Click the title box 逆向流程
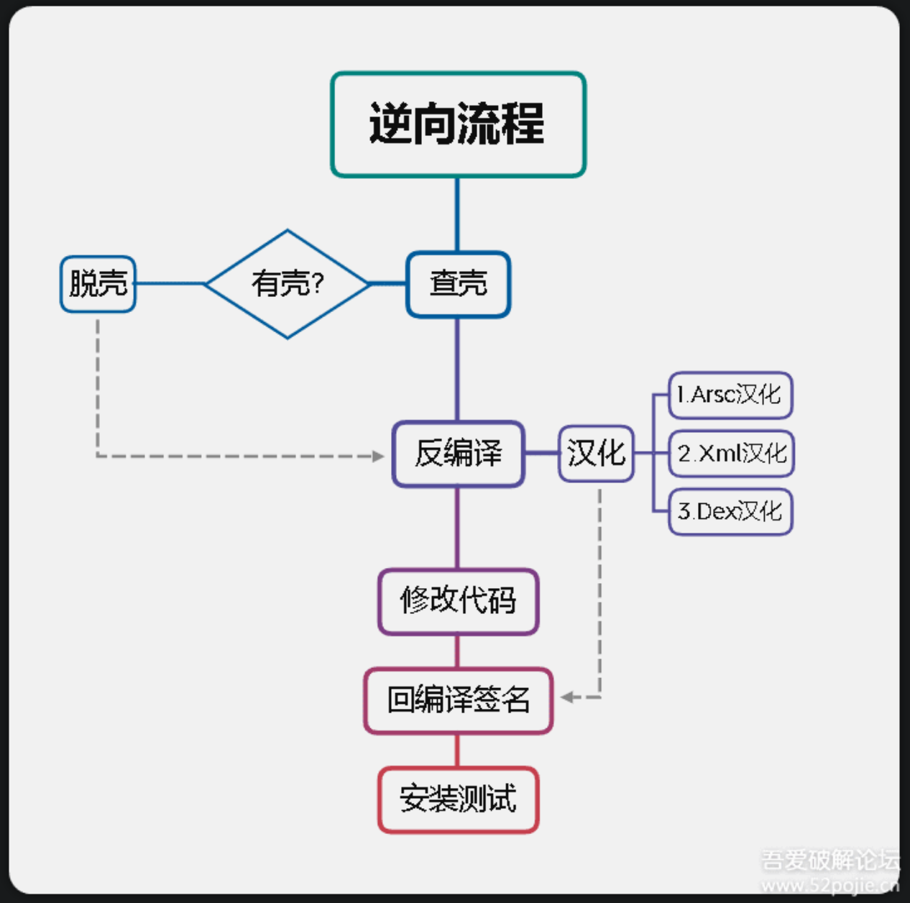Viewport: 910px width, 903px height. coord(458,124)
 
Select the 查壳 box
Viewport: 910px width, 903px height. coord(458,284)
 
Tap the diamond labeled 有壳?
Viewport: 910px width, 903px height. coord(288,284)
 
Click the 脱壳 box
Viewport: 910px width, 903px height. coord(98,284)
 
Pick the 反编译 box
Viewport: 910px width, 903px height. coord(458,454)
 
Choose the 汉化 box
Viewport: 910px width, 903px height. coord(596,454)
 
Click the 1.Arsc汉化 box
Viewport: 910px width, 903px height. coord(730,395)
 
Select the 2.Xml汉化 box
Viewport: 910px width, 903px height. coord(731,454)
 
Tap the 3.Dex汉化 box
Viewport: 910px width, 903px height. coord(730,512)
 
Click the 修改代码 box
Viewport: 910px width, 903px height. coord(458,602)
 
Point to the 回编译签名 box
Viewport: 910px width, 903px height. coord(458,700)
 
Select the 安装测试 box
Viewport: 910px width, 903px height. coord(458,799)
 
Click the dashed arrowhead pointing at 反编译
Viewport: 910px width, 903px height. coord(378,456)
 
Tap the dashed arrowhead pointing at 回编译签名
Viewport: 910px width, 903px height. coord(568,697)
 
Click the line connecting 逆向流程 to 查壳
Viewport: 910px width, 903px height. coord(457,214)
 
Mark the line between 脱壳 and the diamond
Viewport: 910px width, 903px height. coord(170,284)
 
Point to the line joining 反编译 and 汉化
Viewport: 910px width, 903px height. coord(541,454)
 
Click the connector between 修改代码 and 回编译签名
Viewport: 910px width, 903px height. coord(458,651)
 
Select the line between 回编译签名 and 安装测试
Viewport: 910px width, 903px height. coord(458,751)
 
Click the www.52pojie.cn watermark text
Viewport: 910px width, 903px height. coord(830,885)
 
